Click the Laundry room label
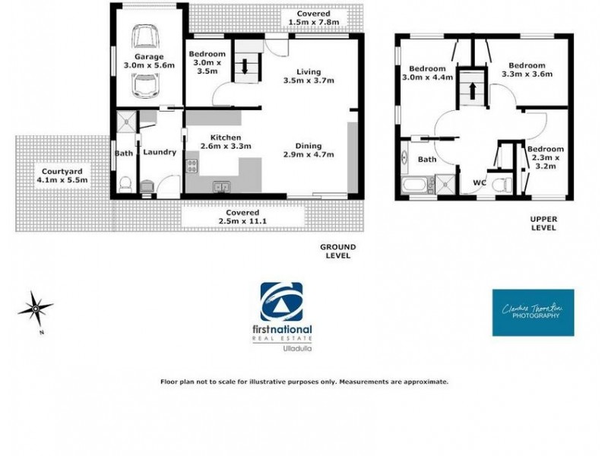point(160,152)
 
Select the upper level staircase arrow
point(473,88)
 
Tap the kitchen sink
point(222,186)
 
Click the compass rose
point(35,309)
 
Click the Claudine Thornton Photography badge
point(533,312)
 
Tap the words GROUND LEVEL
point(337,252)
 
